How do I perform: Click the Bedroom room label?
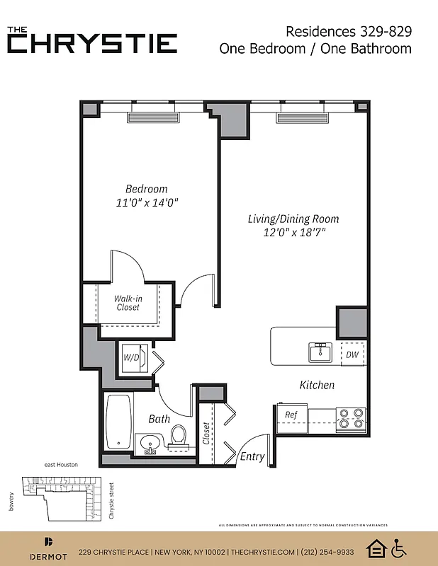(147, 189)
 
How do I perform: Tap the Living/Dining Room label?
(293, 219)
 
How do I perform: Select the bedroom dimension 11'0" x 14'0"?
(147, 203)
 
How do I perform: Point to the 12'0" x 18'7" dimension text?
(293, 232)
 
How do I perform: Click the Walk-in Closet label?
(128, 303)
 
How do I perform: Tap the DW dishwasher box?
(352, 355)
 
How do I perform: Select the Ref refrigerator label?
(291, 415)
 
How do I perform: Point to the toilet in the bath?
(178, 436)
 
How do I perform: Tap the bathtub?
(119, 422)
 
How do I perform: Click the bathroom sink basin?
(150, 444)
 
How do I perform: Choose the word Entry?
(252, 456)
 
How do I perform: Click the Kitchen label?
(317, 385)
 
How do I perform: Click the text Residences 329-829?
(348, 31)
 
